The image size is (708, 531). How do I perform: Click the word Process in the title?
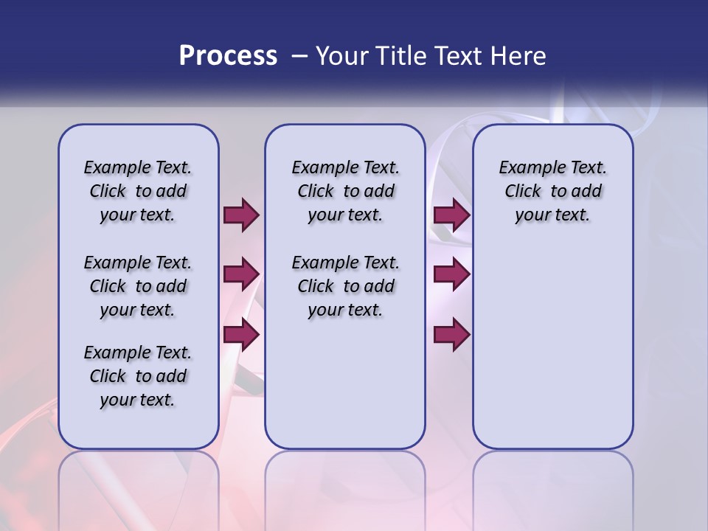228,56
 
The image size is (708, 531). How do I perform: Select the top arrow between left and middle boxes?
241,215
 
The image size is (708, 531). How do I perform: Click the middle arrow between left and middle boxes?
241,274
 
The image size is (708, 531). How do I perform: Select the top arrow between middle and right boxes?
451,215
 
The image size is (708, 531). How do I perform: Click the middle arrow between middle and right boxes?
451,274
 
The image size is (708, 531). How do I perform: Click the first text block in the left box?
138,191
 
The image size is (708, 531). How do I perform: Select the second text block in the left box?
138,286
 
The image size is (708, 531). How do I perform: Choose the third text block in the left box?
138,376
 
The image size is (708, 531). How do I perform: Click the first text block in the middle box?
345,191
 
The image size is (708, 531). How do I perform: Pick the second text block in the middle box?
345,286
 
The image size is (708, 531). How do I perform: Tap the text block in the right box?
552,191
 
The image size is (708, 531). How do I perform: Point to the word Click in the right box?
523,192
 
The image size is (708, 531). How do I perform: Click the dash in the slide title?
299,56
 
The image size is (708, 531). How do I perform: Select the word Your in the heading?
343,56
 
